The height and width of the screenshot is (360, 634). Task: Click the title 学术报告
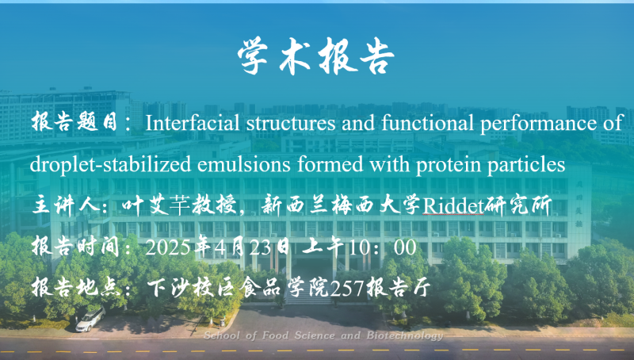tap(315, 56)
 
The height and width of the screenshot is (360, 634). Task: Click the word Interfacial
tap(193, 123)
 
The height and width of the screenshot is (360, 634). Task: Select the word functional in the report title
tap(427, 123)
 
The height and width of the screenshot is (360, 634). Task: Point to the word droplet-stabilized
tap(110, 165)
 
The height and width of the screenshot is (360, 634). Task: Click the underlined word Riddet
tap(453, 206)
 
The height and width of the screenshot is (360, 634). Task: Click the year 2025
tap(167, 247)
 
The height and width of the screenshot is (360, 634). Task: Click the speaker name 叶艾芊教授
tap(179, 205)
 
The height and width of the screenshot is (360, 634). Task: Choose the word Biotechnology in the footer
tap(405, 335)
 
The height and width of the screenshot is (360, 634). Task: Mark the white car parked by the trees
tap(90, 319)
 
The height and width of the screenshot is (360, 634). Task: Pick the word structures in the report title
tap(291, 123)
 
